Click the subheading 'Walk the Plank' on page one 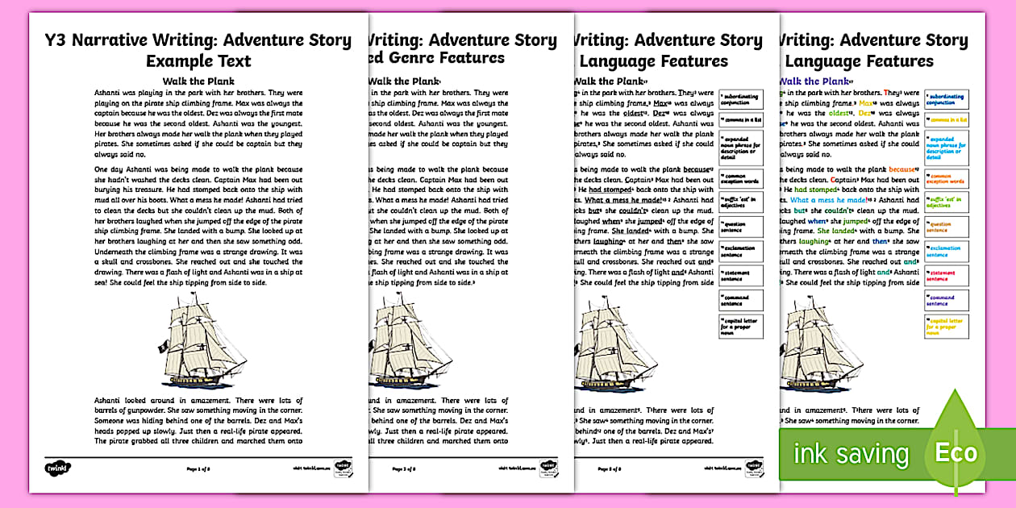click(x=198, y=81)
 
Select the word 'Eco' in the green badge click(x=956, y=452)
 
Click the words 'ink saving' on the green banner click(x=851, y=453)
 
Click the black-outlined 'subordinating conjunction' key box click(x=739, y=99)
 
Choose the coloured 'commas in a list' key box click(x=947, y=120)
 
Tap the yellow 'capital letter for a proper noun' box click(x=947, y=326)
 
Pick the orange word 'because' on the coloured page click(x=902, y=169)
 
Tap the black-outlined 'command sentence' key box click(x=739, y=300)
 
